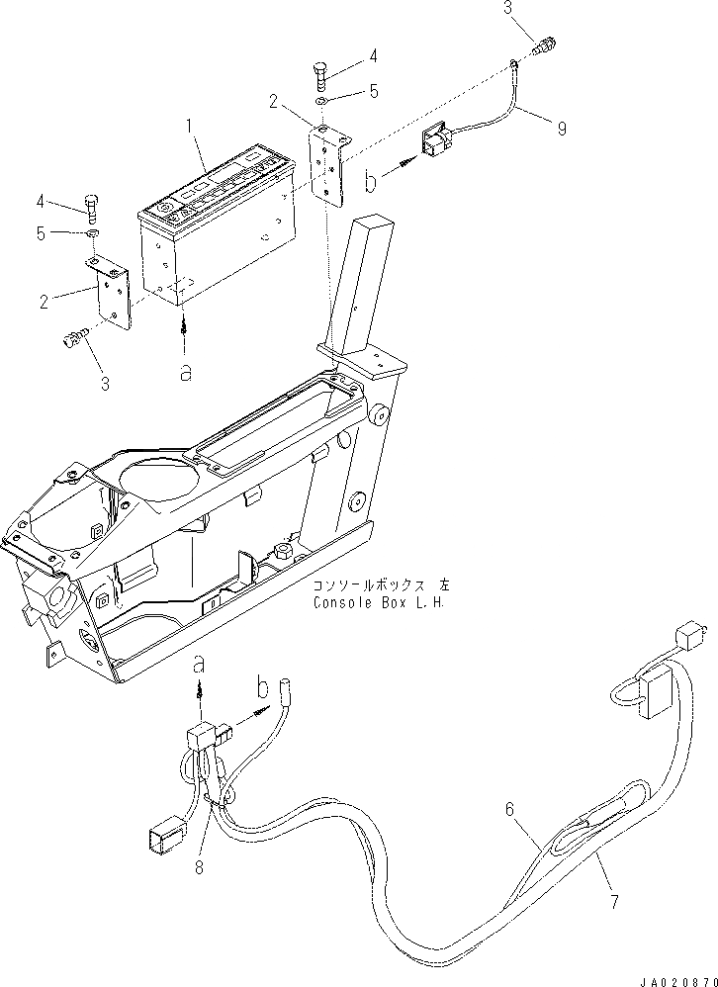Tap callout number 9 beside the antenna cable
562,129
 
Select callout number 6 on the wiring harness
510,809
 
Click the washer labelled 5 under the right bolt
323,102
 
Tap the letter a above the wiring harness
200,661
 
